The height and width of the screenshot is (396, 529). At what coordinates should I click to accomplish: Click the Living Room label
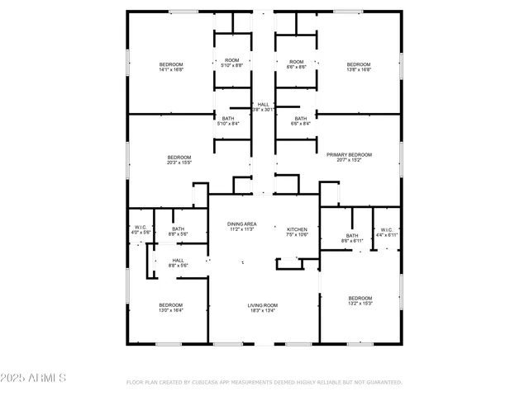pos(263,309)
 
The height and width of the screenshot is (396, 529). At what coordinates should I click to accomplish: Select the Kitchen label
pos(297,232)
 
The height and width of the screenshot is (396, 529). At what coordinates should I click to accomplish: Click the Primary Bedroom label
pos(349,157)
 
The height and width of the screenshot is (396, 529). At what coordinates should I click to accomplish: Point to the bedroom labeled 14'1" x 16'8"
pos(171,67)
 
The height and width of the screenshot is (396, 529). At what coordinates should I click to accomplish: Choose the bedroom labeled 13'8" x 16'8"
pos(359,67)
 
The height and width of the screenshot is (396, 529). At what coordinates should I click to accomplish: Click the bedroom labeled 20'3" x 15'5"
pos(179,160)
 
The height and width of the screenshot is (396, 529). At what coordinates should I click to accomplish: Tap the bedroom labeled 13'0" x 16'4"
pos(171,307)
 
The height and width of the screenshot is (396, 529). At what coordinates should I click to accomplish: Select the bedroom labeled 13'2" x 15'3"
pos(360,300)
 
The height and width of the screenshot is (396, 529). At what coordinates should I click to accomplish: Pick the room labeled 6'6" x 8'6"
pos(297,64)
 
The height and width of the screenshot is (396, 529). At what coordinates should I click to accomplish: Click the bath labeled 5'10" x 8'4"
pos(228,120)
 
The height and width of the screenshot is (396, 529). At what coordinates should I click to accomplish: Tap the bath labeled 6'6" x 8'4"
pos(302,120)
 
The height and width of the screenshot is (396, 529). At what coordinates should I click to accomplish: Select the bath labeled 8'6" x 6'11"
pos(352,238)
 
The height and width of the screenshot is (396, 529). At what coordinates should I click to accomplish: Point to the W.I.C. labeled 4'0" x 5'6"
pos(141,230)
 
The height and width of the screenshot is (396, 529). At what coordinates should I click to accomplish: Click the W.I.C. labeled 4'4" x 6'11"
pos(387,232)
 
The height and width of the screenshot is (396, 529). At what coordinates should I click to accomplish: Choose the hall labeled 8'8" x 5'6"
pos(179,262)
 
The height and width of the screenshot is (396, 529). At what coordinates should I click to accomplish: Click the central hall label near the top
pos(263,106)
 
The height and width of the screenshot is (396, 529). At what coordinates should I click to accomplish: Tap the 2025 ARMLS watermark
pos(35,378)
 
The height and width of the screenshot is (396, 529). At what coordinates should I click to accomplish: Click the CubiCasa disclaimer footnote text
pos(264,382)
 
